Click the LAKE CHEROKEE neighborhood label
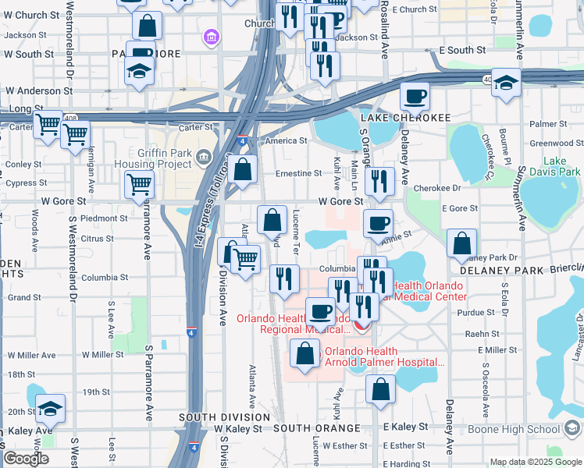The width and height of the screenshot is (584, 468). pos(405,117)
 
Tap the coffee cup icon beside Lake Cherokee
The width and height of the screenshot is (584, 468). pos(415,97)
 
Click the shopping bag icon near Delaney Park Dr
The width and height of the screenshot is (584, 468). pos(461,244)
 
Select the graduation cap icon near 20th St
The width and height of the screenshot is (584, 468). pos(50,409)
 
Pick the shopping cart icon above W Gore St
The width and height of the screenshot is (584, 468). pos(139,185)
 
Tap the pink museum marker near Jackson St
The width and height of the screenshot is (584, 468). pos(210,37)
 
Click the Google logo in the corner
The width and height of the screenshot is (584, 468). pos(26,458)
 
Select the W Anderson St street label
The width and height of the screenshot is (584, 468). pos(39,90)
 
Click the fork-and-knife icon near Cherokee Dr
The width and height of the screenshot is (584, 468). pos(379,182)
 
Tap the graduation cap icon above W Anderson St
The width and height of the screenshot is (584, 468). pos(139,72)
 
